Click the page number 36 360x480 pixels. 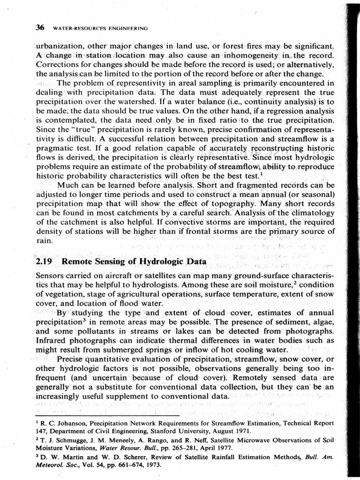(x=40, y=28)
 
